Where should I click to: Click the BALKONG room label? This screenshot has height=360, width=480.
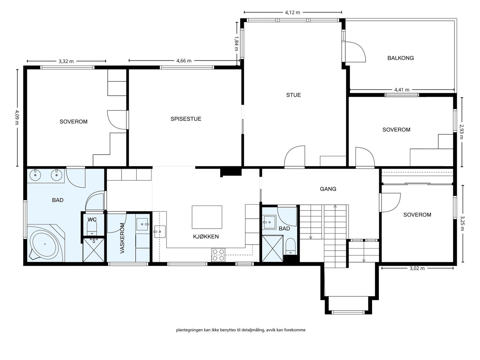(400, 58)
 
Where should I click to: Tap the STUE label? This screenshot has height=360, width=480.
(293, 95)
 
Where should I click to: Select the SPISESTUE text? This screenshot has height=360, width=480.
(186, 119)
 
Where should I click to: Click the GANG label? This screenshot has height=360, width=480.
(328, 189)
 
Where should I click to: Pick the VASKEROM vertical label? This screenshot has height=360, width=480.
(122, 238)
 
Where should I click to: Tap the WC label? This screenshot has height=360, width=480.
(92, 219)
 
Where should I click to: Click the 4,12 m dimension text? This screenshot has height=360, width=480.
(292, 13)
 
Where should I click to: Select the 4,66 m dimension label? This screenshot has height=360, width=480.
(184, 61)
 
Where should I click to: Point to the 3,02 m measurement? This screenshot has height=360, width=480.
(417, 268)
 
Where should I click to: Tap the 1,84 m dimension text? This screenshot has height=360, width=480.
(236, 43)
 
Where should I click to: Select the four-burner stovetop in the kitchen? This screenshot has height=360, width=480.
(218, 255)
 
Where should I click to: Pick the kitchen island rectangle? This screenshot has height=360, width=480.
(207, 217)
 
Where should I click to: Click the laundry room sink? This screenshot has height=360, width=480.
(142, 224)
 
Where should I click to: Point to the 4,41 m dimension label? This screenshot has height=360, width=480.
(402, 90)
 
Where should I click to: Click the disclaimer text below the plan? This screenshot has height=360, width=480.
(241, 330)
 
